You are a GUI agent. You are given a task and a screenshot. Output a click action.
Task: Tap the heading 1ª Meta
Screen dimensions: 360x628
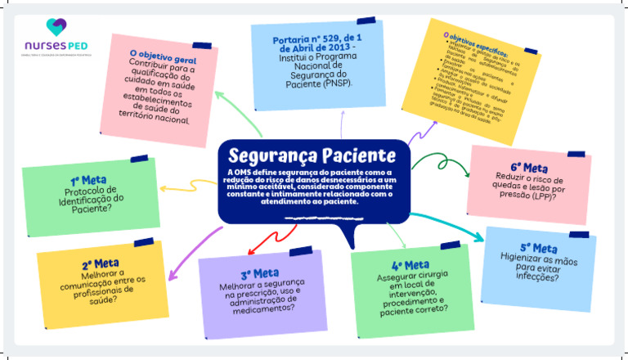[84, 181]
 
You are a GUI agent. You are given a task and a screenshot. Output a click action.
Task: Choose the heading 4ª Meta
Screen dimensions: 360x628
[410, 265]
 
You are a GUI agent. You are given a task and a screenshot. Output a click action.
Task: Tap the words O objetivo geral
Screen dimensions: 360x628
[164, 53]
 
